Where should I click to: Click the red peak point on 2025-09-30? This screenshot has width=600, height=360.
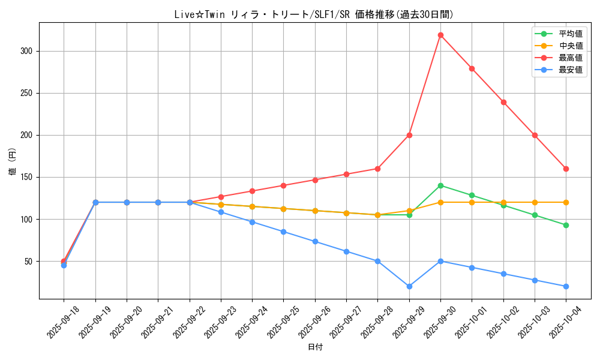click(440, 35)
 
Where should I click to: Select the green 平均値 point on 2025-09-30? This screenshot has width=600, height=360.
click(440, 185)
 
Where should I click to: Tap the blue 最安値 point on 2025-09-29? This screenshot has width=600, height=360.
click(409, 286)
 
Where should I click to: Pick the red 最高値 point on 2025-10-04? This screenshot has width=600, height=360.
click(566, 169)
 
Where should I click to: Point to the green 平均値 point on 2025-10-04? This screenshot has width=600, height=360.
click(566, 225)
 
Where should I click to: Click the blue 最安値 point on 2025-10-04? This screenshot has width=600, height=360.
click(566, 286)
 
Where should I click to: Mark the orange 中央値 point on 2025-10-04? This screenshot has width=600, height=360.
click(566, 202)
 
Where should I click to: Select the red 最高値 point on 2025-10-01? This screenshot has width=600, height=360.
click(472, 68)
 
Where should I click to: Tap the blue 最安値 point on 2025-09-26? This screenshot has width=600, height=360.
click(315, 242)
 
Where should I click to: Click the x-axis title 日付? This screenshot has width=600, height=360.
click(315, 347)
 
